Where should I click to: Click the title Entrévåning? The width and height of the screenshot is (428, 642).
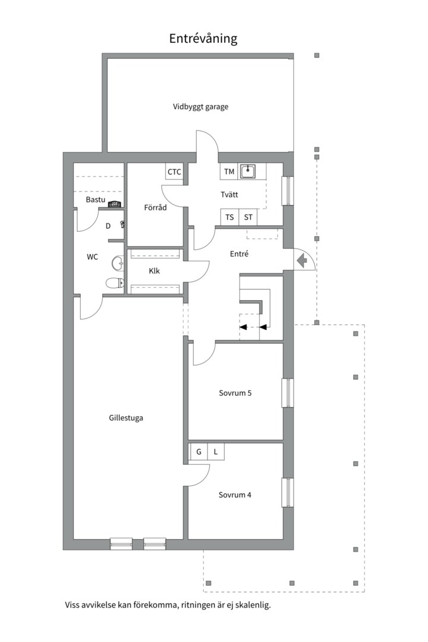[x=203, y=39]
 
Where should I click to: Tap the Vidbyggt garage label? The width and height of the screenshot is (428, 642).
[x=200, y=107]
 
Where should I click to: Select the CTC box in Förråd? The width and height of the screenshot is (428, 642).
[x=174, y=172]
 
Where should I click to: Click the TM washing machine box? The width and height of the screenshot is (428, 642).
[x=229, y=172]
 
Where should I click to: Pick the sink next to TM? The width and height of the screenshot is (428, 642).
[x=248, y=171]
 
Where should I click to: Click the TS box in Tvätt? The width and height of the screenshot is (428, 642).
[x=229, y=217]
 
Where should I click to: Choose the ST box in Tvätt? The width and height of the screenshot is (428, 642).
[x=248, y=217]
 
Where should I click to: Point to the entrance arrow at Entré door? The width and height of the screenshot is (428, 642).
[x=302, y=260]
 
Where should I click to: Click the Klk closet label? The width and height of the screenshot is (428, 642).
[x=155, y=271]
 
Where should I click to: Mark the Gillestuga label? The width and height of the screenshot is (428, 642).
[x=126, y=418]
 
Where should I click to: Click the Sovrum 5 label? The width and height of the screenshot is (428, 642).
[x=235, y=393]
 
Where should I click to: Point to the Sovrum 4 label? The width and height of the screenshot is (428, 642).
[x=235, y=495]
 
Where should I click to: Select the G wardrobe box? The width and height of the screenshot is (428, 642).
[x=199, y=452]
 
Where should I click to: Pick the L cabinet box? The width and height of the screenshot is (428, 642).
[x=216, y=452]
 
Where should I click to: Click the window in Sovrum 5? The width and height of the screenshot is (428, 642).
[x=288, y=393]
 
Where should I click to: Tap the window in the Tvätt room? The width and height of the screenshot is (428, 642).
[x=288, y=191]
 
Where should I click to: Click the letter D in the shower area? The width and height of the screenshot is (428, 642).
[x=108, y=226]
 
